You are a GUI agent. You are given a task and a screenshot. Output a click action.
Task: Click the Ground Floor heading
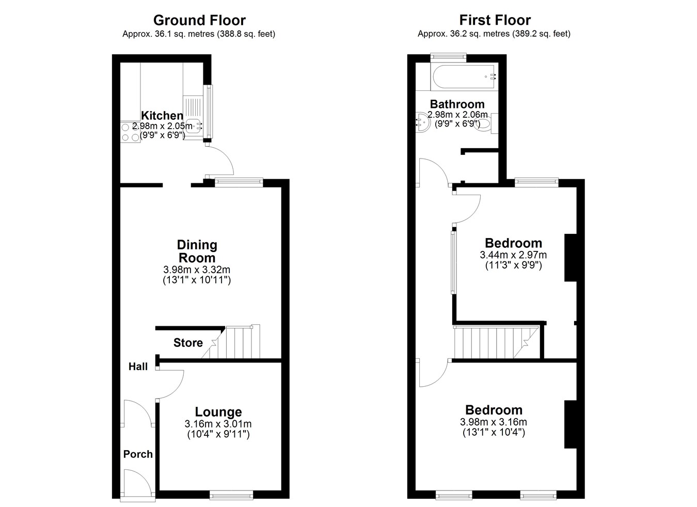199,21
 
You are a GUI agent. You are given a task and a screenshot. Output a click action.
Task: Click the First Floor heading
495,21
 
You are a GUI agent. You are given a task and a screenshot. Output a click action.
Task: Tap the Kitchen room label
162,116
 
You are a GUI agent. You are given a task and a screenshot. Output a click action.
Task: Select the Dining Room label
197,251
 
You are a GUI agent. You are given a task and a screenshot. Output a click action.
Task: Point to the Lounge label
218,412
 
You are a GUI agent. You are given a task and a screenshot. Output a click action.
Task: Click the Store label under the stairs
188,343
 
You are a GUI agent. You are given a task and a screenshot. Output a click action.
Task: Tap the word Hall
138,367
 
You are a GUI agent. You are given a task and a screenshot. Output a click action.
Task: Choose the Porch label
138,454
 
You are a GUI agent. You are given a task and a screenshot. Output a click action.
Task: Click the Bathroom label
457,104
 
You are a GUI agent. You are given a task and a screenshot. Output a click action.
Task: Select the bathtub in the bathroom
464,76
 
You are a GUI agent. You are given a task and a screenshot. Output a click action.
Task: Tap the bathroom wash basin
423,122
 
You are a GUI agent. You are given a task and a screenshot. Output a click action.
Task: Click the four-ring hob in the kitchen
131,132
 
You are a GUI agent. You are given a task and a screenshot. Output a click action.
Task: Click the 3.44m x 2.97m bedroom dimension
513,255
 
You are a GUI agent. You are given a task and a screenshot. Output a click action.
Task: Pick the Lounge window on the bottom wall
231,495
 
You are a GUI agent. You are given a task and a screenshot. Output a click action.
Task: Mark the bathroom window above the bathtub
448,57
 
